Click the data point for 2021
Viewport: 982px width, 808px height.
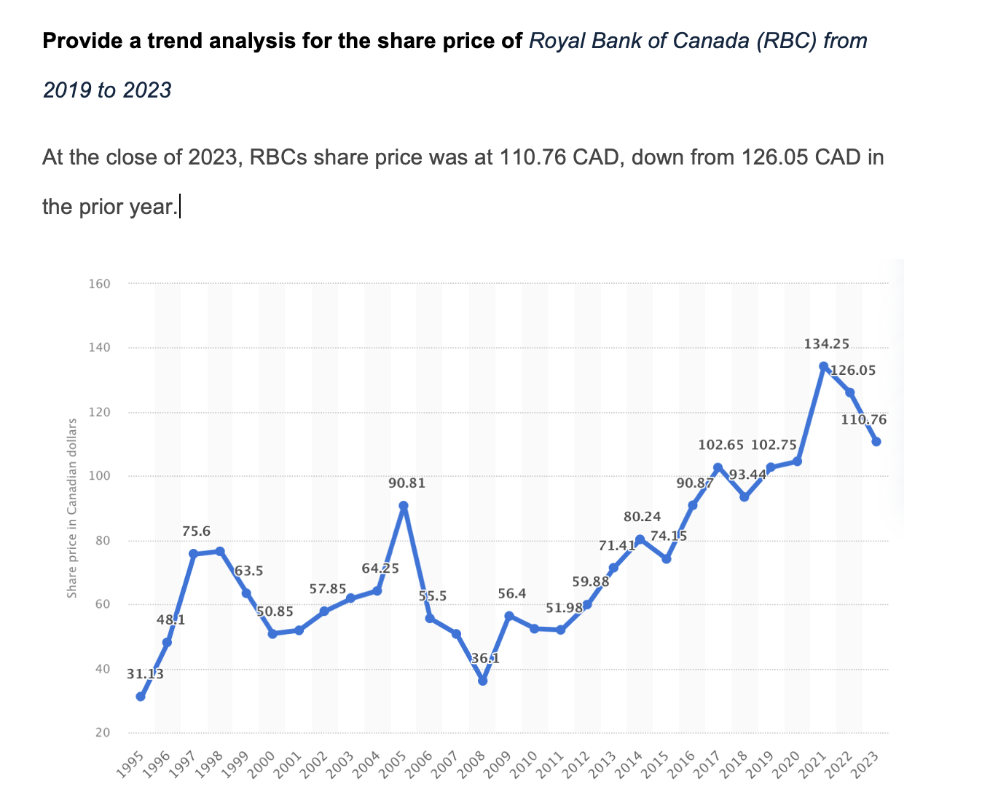pyautogui.click(x=823, y=366)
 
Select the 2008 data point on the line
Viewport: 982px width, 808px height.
pyautogui.click(x=482, y=681)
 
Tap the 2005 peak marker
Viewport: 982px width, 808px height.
pyautogui.click(x=404, y=505)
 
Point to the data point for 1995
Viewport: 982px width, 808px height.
pyautogui.click(x=140, y=697)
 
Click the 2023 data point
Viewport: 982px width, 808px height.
pyautogui.click(x=876, y=442)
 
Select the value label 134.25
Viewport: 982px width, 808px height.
pyautogui.click(x=826, y=344)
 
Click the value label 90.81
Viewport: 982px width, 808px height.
pyautogui.click(x=407, y=483)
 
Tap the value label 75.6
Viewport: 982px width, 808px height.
pyautogui.click(x=197, y=531)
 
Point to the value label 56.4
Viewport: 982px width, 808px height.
pyautogui.click(x=512, y=594)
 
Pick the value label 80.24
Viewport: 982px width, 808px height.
pyautogui.click(x=643, y=517)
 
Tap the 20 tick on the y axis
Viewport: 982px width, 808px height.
pyautogui.click(x=103, y=732)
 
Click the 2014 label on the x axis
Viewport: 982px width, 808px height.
pyautogui.click(x=638, y=764)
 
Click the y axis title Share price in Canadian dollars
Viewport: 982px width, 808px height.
pyautogui.click(x=72, y=508)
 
